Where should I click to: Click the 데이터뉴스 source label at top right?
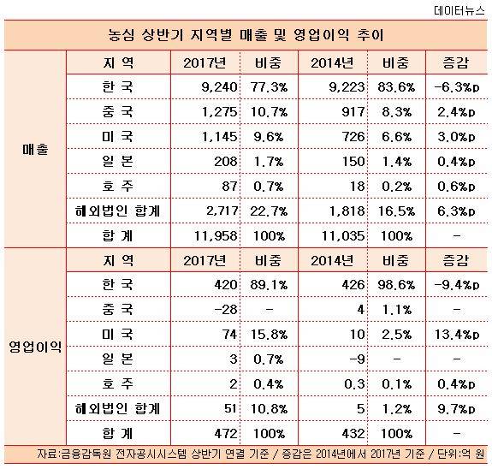(x=459, y=10)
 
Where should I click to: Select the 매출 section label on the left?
(x=35, y=149)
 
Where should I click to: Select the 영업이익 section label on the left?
(x=35, y=347)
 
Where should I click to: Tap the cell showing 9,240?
(x=219, y=87)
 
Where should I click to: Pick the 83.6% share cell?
(x=396, y=87)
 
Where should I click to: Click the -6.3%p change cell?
(x=457, y=87)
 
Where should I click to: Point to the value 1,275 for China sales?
(x=219, y=112)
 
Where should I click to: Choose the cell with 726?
(x=353, y=137)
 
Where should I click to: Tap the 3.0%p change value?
(x=456, y=137)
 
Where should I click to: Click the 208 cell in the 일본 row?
(x=225, y=162)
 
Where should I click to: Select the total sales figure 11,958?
(x=216, y=235)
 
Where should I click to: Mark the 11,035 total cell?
(x=343, y=235)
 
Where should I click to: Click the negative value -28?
(x=225, y=310)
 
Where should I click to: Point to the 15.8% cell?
(x=269, y=334)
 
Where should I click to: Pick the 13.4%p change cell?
(x=457, y=334)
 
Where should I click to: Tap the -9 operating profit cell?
(x=357, y=359)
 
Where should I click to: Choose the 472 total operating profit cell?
(x=225, y=433)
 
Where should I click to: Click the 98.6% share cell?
(x=396, y=285)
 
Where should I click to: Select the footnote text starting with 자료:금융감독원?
(x=260, y=454)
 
